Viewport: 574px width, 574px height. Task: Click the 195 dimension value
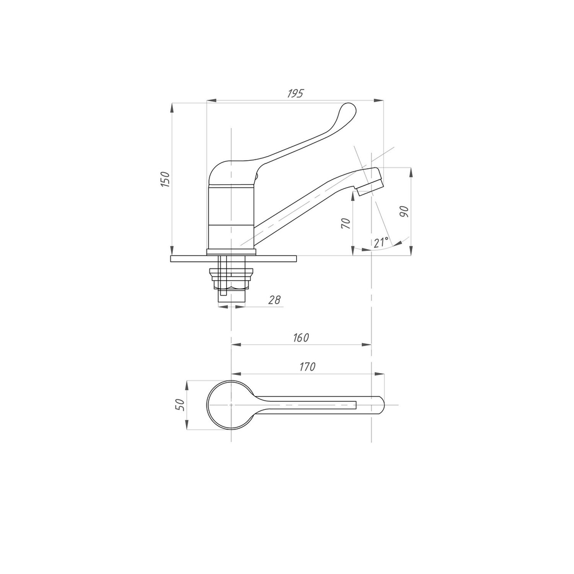pos(295,94)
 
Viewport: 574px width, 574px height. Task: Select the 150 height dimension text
pos(165,179)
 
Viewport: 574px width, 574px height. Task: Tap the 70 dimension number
pos(346,223)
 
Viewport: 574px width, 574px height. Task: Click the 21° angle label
pos(381,242)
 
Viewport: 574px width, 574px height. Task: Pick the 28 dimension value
pos(274,300)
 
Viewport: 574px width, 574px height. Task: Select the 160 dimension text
pos(301,337)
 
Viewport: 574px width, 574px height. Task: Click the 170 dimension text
pos(307,366)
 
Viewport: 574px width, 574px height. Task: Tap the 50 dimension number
pos(180,405)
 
